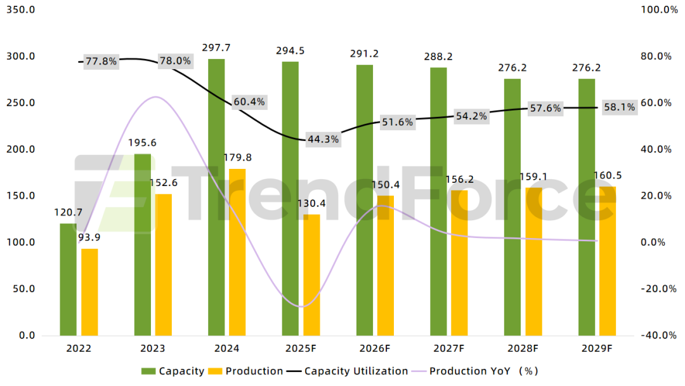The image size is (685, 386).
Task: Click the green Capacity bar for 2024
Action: coord(216,197)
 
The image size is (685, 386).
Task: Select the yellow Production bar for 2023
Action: coord(164,264)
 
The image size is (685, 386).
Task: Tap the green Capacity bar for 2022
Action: coord(68,279)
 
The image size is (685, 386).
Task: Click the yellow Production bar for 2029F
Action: coord(608,260)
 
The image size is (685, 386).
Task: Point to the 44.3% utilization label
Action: coord(323,138)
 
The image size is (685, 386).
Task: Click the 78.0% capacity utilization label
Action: coord(174,61)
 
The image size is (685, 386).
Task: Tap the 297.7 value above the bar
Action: coord(216,48)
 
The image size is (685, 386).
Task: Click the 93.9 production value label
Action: coord(89,237)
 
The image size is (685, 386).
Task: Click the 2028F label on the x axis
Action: coord(523,349)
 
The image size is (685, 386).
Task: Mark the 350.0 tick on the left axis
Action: coord(21,10)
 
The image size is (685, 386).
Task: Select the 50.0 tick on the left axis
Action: coord(23,289)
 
